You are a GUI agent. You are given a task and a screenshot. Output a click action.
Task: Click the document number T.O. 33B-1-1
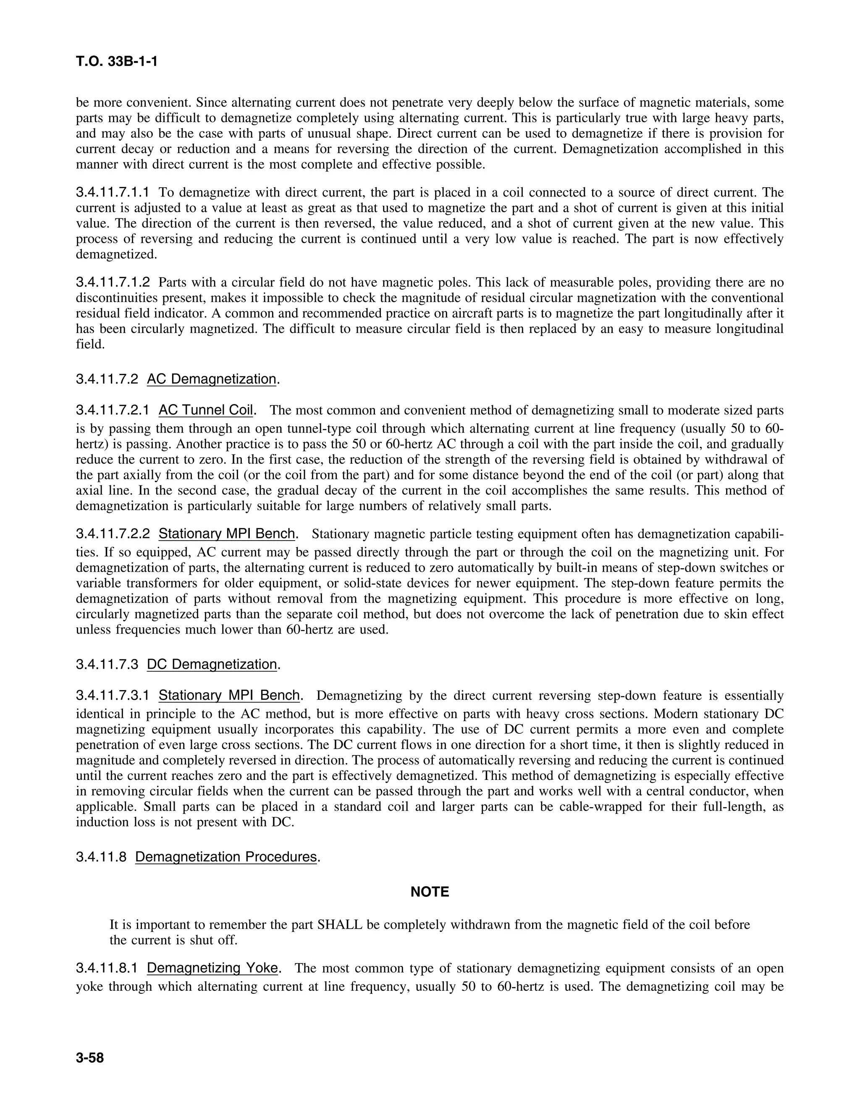117,62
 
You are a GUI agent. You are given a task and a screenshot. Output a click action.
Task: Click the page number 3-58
90,1058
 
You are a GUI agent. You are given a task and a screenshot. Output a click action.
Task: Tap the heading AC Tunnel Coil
206,410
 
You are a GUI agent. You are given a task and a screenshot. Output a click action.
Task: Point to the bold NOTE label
430,892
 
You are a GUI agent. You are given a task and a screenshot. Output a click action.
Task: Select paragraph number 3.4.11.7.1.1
113,193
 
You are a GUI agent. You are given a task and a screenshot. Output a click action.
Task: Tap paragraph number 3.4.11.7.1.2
113,282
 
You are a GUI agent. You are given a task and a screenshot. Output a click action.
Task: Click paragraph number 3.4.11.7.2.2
113,534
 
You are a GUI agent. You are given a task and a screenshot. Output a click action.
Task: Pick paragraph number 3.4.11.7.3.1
113,696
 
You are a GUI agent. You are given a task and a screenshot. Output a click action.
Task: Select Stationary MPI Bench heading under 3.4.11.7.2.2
227,534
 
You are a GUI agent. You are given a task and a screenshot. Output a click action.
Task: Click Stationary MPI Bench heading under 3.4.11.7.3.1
229,696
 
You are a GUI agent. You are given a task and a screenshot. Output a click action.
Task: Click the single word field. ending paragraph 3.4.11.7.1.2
90,344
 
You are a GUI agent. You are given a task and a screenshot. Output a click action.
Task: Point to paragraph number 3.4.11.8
101,857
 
